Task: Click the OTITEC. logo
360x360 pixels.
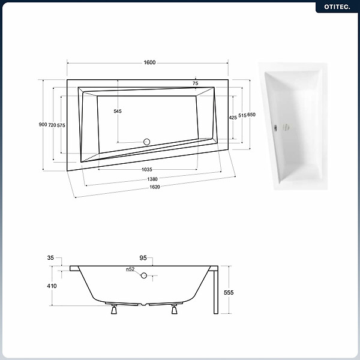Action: click(x=337, y=7)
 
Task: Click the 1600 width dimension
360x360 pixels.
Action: click(x=149, y=62)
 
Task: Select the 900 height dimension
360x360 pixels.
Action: click(x=43, y=124)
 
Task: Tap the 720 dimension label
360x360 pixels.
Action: click(x=52, y=125)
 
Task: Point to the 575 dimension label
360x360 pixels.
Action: click(x=61, y=125)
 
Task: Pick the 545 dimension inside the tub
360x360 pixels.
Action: click(x=118, y=111)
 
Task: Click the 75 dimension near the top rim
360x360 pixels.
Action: click(x=196, y=83)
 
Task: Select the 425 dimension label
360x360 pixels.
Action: click(x=233, y=118)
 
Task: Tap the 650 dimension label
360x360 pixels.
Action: click(x=251, y=115)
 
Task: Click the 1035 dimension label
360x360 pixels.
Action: click(x=147, y=169)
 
